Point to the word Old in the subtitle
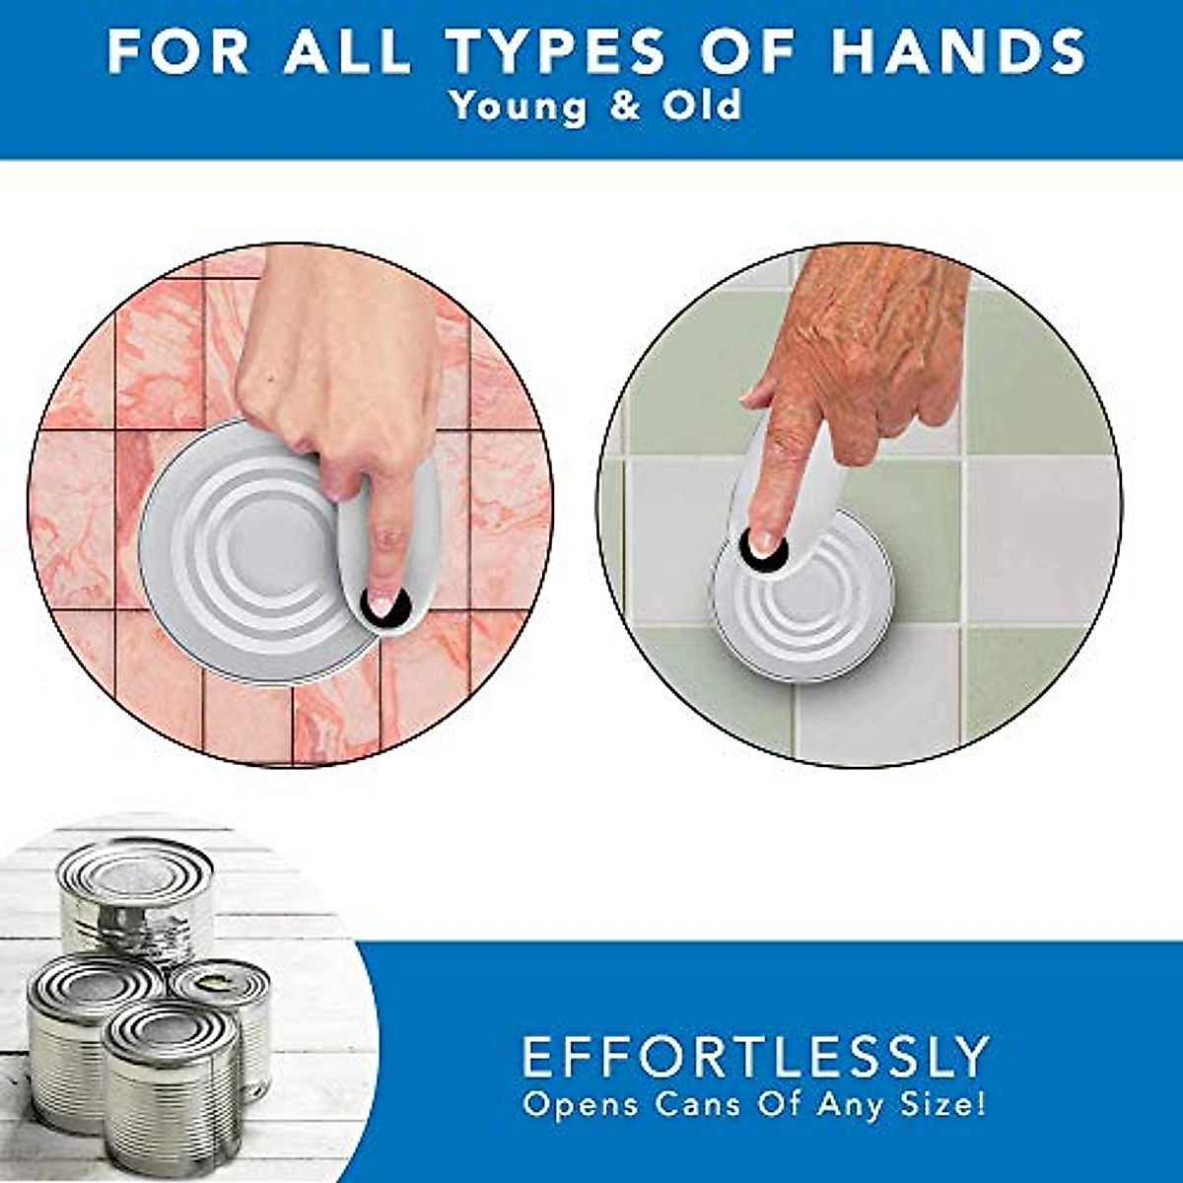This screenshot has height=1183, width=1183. click(701, 105)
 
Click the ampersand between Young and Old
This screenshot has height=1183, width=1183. click(625, 105)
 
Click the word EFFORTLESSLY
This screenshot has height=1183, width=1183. click(754, 1057)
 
